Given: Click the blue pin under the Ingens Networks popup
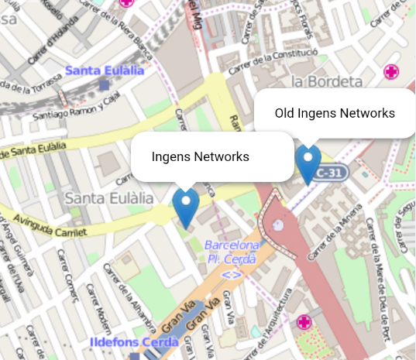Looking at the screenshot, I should tap(185, 205).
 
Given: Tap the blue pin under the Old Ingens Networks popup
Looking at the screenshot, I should tap(308, 161).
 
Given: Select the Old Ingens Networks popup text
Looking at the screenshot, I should tap(335, 113).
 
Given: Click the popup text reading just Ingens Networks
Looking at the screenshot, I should tap(200, 156).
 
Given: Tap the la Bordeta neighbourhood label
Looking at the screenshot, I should tap(327, 81).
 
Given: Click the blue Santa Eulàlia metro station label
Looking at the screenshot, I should tap(105, 70).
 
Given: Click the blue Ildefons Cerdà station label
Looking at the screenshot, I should tap(135, 342).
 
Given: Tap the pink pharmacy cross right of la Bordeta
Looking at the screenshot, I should tap(392, 73).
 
